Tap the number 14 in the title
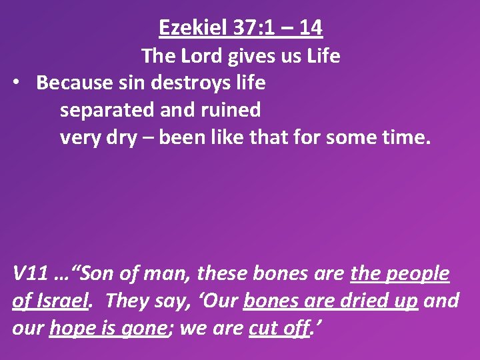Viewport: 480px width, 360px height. (x=311, y=28)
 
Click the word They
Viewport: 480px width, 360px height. (x=123, y=301)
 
